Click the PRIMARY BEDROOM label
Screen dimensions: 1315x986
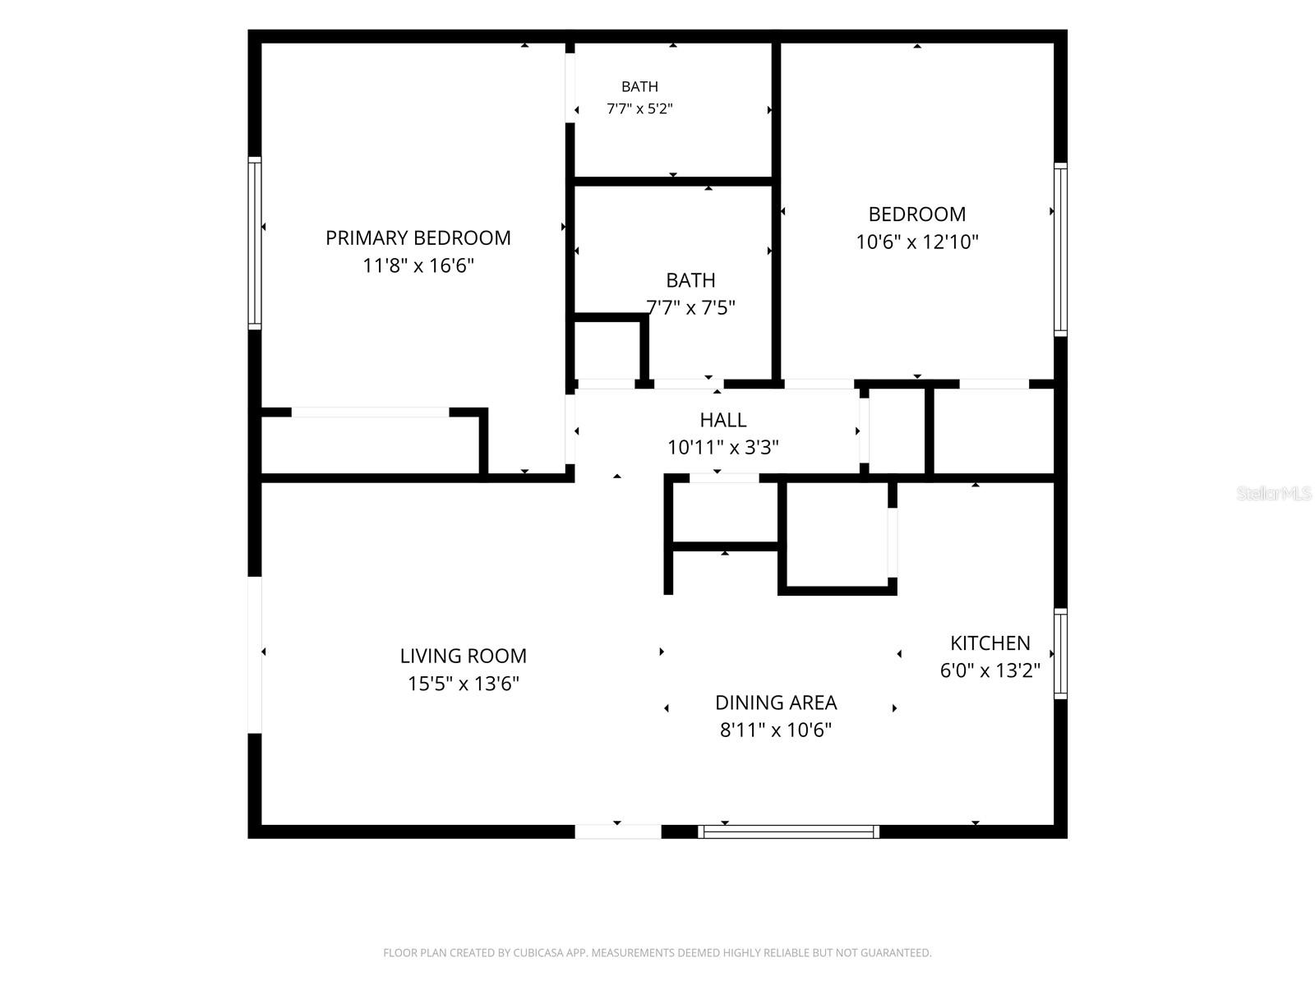418,238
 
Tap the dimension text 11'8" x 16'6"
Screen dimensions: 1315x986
418,265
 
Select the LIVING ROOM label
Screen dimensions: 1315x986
463,657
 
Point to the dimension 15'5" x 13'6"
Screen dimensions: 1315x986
463,684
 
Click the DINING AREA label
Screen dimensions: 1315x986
776,703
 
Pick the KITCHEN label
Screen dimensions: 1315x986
990,643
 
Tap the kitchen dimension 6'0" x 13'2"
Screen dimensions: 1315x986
990,670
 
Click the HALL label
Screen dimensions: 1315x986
723,420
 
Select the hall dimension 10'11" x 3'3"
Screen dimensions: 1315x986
723,447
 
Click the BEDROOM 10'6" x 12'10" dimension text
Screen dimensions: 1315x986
917,242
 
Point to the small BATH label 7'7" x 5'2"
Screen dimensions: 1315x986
639,87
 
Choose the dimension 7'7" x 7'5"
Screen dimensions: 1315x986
690,307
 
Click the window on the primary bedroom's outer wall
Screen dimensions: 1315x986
255,243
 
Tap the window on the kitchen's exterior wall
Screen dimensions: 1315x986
1060,654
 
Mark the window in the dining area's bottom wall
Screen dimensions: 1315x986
788,832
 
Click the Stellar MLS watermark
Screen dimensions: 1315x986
1274,494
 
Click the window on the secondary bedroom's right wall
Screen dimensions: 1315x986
1060,249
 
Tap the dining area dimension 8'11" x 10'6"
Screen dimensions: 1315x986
776,730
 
